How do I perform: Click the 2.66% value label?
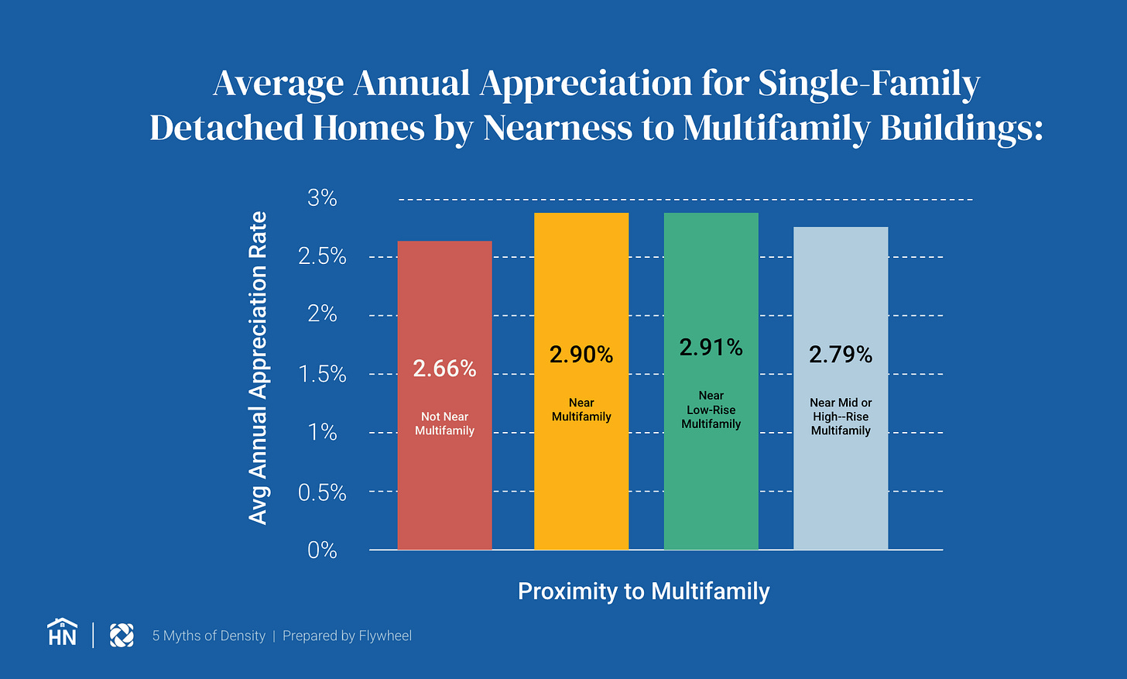pos(444,369)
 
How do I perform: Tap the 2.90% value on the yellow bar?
pos(581,355)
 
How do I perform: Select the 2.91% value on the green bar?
pos(711,348)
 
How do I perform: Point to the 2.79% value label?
pos(841,355)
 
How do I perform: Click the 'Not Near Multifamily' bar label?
pos(444,424)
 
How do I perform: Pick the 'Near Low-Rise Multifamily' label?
pos(711,410)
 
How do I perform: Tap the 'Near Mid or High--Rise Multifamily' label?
pos(841,417)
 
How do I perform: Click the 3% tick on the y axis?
pos(322,198)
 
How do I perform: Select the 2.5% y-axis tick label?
pos(322,256)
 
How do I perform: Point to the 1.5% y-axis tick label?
pos(322,374)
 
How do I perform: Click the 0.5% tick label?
pos(322,492)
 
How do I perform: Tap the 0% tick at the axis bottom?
pos(322,550)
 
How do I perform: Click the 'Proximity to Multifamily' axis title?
pos(643,592)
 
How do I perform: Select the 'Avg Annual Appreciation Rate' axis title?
pos(258,368)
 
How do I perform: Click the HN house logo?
pos(62,633)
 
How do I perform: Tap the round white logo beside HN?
pos(122,635)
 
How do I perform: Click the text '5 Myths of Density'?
pos(208,636)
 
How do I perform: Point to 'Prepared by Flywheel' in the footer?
pos(347,636)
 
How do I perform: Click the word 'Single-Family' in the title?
pos(868,84)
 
